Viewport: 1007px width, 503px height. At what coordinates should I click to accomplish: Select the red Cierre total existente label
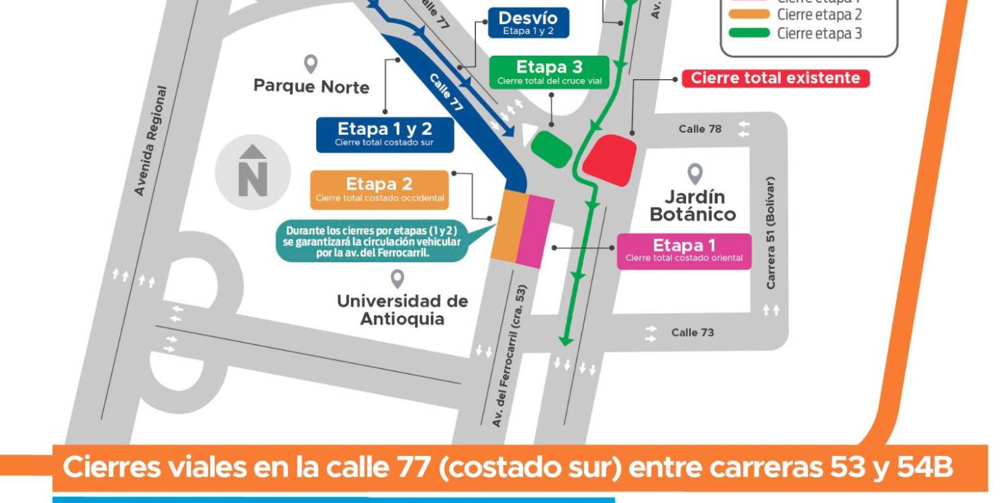[775, 78]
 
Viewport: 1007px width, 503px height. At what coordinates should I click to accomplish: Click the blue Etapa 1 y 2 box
[385, 134]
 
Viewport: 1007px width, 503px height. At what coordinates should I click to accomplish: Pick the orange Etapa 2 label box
[379, 189]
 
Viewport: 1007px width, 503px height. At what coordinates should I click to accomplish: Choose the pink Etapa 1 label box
[684, 251]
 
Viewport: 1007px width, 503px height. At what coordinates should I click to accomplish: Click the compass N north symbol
[253, 172]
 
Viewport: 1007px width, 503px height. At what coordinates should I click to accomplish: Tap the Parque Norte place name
[311, 87]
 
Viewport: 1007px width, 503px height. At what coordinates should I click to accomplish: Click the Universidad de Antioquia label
[402, 309]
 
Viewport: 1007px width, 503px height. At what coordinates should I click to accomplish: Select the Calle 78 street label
[700, 129]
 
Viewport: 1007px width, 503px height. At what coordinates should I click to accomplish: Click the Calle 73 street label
[693, 333]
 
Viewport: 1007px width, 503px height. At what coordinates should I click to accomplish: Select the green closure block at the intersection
[552, 148]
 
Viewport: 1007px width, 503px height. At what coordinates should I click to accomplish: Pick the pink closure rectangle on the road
[535, 231]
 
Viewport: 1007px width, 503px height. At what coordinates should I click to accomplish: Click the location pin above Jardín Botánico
[695, 174]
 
